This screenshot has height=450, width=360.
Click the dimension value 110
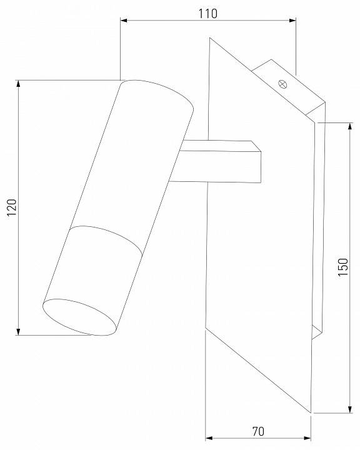[x=208, y=14]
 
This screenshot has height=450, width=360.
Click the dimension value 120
[x=12, y=207]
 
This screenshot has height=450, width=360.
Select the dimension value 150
[x=342, y=267]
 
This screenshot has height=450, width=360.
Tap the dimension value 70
[x=258, y=431]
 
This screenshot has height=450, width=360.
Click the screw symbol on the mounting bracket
[x=282, y=84]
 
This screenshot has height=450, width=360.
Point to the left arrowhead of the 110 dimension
[x=124, y=21]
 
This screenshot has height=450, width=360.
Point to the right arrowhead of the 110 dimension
[x=292, y=21]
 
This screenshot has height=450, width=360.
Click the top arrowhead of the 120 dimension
[x=18, y=84]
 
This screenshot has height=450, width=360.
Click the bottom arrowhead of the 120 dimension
[x=18, y=331]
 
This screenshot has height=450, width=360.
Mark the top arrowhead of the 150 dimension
[x=350, y=126]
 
